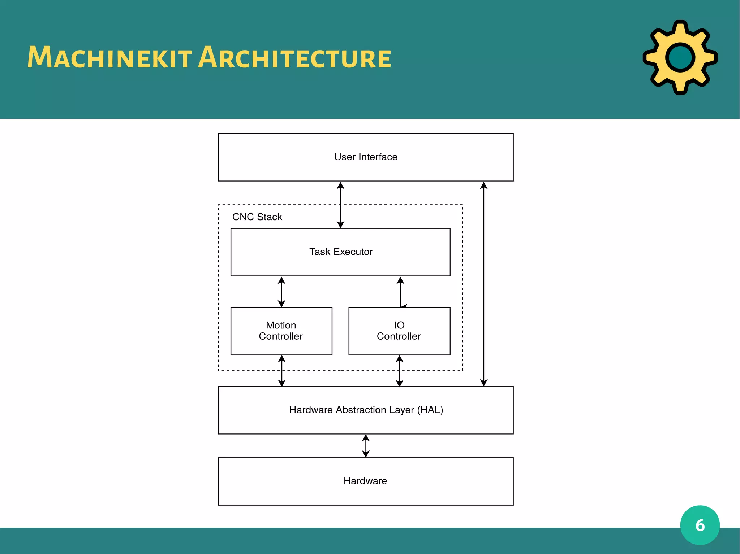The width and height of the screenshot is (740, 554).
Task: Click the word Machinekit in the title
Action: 109,58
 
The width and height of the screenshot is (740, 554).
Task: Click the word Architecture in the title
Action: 294,58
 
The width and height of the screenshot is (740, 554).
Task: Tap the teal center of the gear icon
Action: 680,58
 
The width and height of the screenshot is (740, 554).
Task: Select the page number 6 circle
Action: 700,525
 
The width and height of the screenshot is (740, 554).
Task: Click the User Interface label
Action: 366,157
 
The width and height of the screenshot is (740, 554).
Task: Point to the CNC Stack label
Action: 257,217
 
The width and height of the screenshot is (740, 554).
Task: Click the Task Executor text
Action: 341,252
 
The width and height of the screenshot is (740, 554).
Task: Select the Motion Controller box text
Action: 281,331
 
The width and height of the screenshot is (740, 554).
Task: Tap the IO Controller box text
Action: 399,331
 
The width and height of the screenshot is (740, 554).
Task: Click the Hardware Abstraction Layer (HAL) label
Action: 366,410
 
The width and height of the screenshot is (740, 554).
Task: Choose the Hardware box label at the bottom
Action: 365,481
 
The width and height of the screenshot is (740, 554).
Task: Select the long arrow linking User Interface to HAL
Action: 484,284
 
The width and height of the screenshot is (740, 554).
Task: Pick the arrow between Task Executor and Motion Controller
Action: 281,292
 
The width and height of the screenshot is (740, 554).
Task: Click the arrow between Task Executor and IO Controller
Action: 400,292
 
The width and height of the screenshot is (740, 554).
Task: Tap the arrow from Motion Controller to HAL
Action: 282,371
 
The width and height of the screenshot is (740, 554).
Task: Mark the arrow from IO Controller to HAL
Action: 399,371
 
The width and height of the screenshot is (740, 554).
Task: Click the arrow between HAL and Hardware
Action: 366,446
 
